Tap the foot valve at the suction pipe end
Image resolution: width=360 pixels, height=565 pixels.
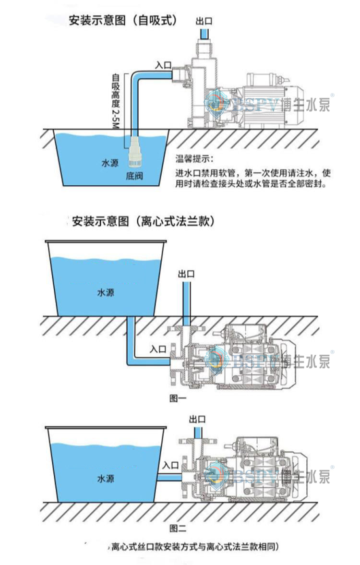click(x=133, y=152)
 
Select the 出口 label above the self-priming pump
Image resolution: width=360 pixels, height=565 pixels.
click(x=204, y=21)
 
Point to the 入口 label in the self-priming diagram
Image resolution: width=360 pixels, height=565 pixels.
click(x=163, y=65)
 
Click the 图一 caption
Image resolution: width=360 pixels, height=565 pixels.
click(x=178, y=397)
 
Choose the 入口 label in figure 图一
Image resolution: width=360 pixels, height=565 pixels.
click(x=158, y=349)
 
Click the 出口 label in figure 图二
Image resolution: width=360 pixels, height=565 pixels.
click(x=198, y=419)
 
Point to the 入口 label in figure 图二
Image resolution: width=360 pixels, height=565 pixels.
click(x=170, y=465)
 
